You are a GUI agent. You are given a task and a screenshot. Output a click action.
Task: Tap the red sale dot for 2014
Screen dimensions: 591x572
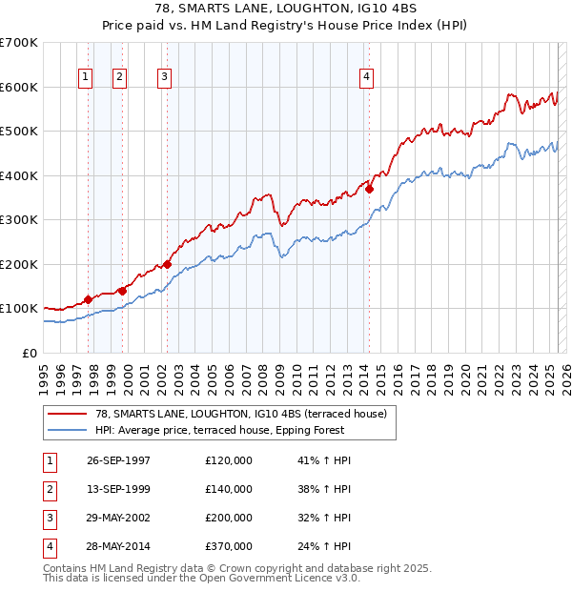pos(369,189)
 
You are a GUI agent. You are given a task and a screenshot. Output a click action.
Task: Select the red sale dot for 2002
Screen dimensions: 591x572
pos(167,264)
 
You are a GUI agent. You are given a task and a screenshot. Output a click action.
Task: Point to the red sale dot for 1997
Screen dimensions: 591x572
pos(88,299)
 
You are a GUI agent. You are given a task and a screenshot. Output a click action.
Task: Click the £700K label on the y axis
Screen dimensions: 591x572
pos(19,43)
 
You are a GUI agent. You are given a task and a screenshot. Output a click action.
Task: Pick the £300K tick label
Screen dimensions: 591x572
pos(19,219)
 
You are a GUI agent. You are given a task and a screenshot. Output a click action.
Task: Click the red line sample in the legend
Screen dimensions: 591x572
pos(67,414)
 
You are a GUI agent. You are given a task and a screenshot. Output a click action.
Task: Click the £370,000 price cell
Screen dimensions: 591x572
pos(229,546)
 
